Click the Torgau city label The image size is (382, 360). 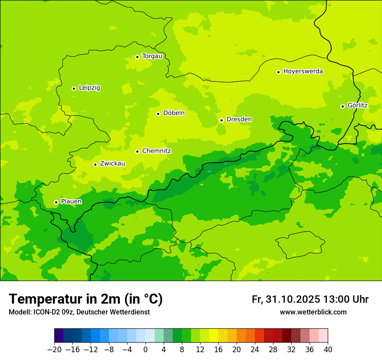(152, 56)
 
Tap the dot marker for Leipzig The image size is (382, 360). (74, 88)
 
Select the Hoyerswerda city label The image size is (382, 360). (303, 71)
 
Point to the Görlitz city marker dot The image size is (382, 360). (342, 106)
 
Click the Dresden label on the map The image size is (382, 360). (239, 119)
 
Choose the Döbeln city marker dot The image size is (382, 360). (158, 114)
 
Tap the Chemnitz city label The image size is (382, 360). (156, 151)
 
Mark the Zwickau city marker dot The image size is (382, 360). (95, 164)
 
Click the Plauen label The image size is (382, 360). (71, 202)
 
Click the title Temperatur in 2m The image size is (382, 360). (86, 299)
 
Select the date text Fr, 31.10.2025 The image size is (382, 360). (286, 299)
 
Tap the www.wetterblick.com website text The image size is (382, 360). (313, 312)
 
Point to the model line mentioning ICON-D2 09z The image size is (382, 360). (79, 312)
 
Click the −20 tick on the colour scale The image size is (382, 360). (54, 350)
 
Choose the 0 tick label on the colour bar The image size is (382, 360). (145, 350)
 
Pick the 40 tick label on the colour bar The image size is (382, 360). (328, 350)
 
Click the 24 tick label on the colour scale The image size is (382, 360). (255, 350)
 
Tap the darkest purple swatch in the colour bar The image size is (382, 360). (59, 336)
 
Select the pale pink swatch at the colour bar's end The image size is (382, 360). (323, 336)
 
